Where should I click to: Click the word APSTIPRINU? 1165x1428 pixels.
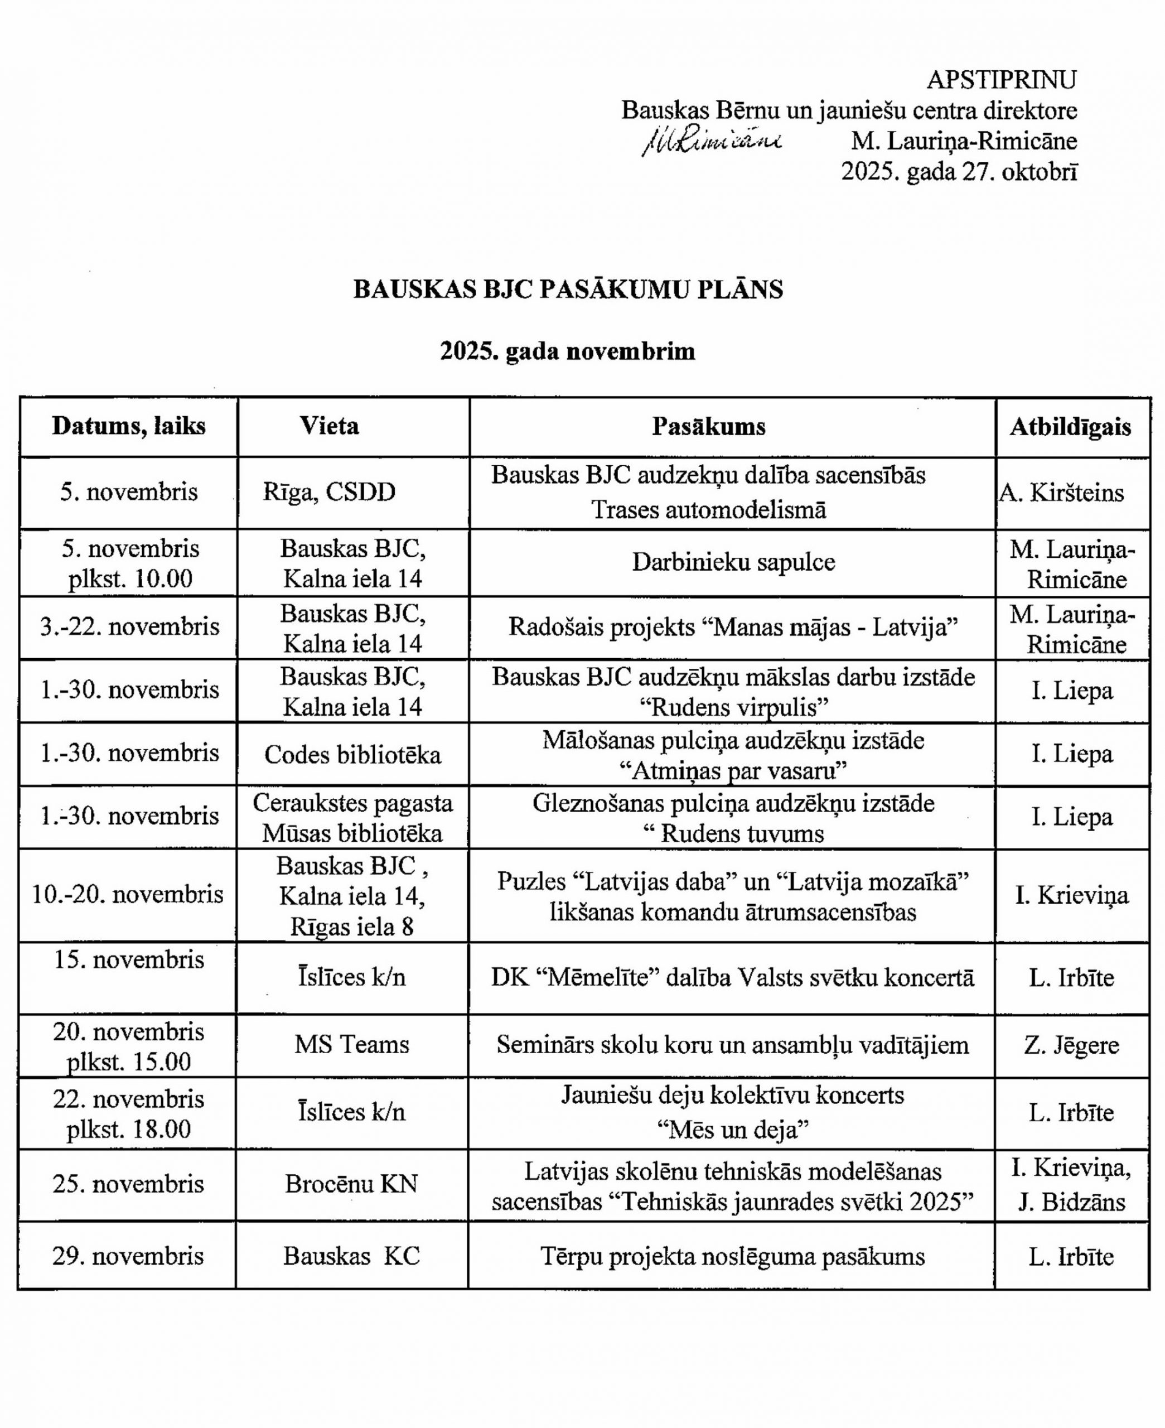click(1001, 80)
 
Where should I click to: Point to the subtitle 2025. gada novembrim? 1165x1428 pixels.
click(568, 351)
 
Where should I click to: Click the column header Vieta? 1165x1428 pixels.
click(329, 426)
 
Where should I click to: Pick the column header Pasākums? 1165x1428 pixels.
click(709, 427)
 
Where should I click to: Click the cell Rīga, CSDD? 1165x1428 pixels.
click(329, 493)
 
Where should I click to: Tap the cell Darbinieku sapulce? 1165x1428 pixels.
click(733, 562)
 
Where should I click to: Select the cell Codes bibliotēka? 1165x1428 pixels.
click(352, 755)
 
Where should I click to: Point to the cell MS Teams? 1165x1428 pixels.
click(352, 1044)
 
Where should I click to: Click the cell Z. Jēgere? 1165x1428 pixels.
click(1071, 1045)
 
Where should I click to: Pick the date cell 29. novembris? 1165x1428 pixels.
click(128, 1256)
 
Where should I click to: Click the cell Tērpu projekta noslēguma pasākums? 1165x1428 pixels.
click(732, 1257)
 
